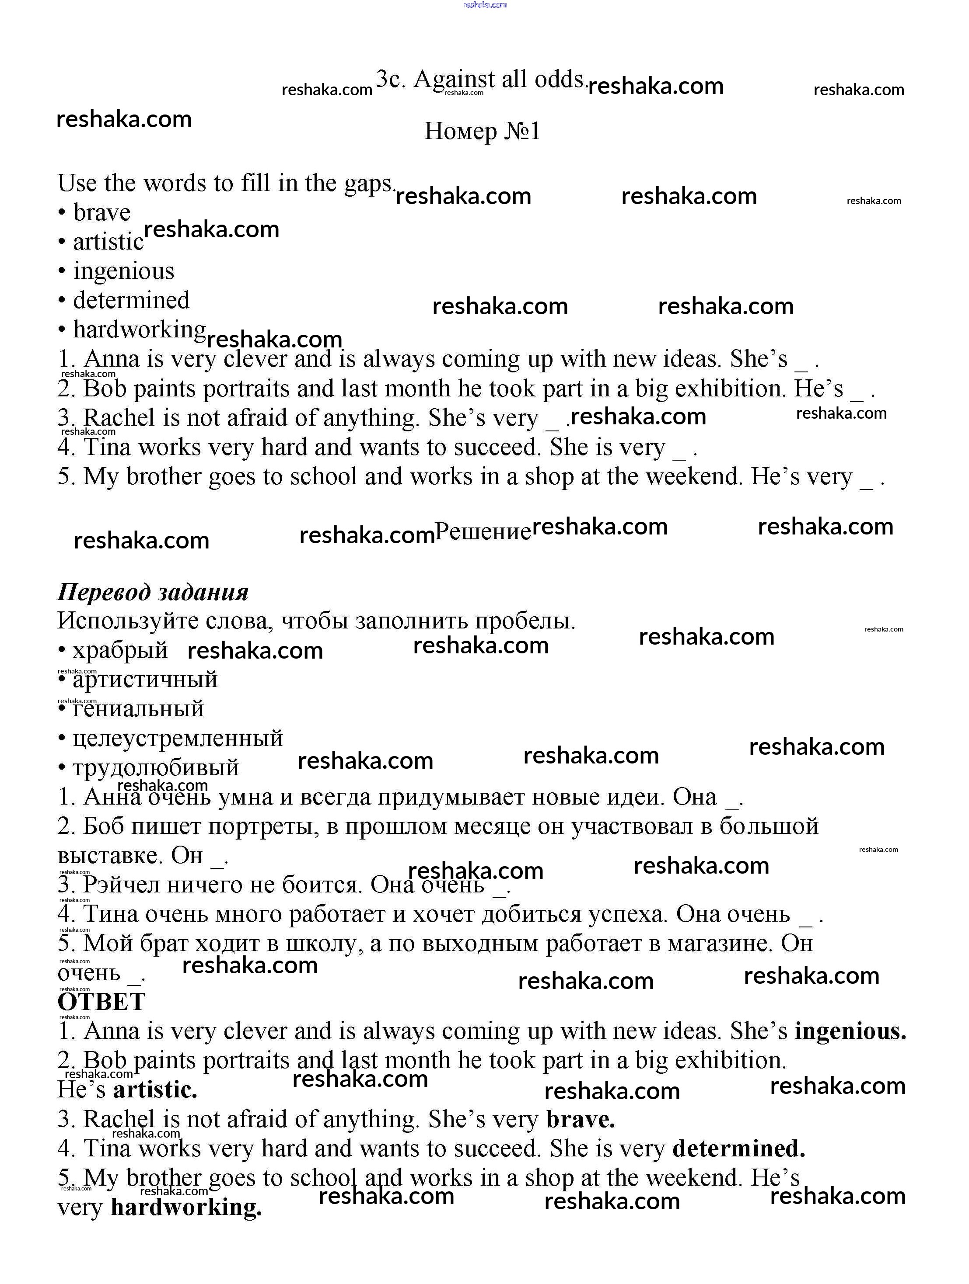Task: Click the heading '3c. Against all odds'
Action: click(480, 80)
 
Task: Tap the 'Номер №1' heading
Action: click(482, 131)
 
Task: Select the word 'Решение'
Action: click(483, 531)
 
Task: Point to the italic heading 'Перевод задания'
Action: click(153, 592)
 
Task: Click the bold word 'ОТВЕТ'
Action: click(101, 1002)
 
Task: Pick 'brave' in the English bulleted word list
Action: click(101, 212)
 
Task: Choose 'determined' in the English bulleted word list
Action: click(131, 300)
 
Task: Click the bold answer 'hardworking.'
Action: click(186, 1208)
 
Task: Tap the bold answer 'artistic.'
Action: click(155, 1090)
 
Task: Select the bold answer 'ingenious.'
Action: click(850, 1031)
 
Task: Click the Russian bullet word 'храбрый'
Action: click(120, 650)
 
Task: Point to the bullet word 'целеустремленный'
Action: click(178, 738)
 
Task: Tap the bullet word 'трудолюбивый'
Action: click(156, 767)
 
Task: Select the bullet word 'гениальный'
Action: click(138, 709)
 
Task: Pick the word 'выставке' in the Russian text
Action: click(109, 856)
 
